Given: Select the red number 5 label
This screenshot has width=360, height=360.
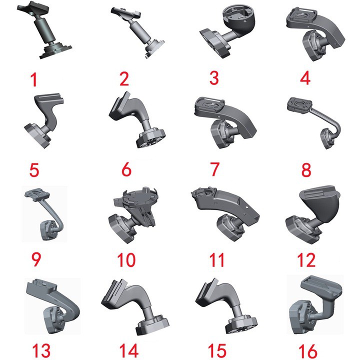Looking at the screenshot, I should coord(34,169).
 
